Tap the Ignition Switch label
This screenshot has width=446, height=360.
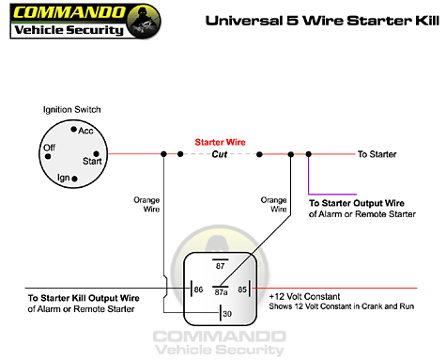click(71, 110)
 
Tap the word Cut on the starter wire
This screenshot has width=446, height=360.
click(221, 153)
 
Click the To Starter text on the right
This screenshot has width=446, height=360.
click(377, 153)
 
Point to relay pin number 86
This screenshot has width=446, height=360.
click(198, 290)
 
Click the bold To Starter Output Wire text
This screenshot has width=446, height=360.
click(358, 202)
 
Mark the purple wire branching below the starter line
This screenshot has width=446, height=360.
click(308, 175)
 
